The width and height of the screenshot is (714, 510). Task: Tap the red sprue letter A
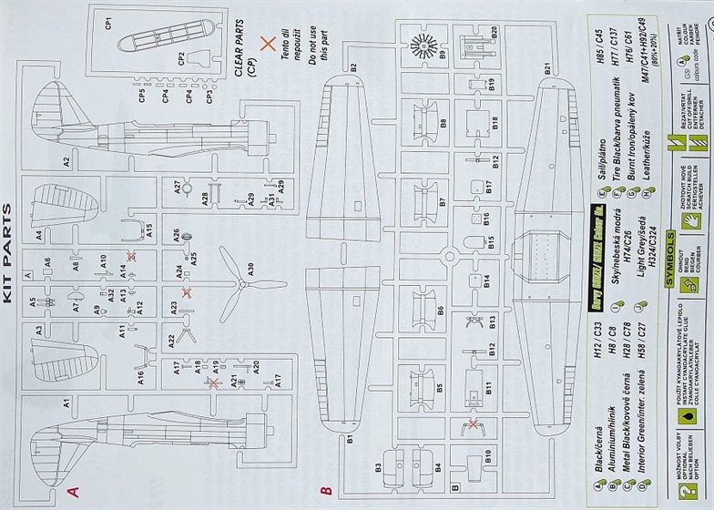76,491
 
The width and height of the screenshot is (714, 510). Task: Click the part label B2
350,66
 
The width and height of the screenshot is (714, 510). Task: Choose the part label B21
547,66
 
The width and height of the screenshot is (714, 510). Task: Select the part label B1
350,440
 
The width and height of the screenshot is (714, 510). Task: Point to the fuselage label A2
66,162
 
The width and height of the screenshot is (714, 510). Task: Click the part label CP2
182,58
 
